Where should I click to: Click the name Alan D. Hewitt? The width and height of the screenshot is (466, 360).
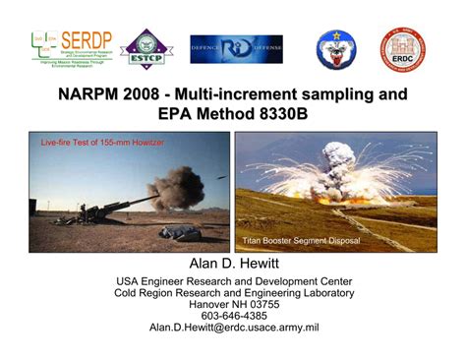pyautogui.click(x=233, y=265)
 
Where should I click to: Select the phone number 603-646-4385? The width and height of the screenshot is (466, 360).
pyautogui.click(x=233, y=316)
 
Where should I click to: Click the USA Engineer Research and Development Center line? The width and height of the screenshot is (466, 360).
pyautogui.click(x=233, y=280)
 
